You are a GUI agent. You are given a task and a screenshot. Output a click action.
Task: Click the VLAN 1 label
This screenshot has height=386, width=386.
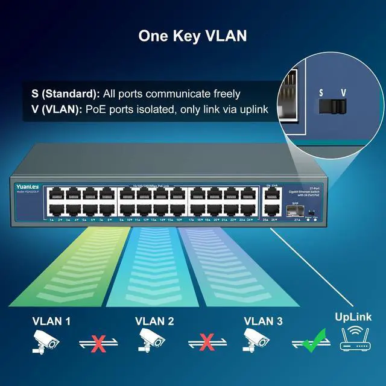[51, 321]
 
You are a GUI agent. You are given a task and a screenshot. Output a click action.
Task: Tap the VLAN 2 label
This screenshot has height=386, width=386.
[154, 321]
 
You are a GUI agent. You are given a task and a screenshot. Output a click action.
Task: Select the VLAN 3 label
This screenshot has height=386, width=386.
[262, 321]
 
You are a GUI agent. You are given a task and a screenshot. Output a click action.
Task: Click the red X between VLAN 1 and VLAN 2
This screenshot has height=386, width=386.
[99, 343]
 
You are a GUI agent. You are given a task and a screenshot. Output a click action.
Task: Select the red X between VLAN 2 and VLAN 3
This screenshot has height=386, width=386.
[207, 343]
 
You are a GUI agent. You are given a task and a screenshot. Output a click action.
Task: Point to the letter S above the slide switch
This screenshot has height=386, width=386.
[321, 93]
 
